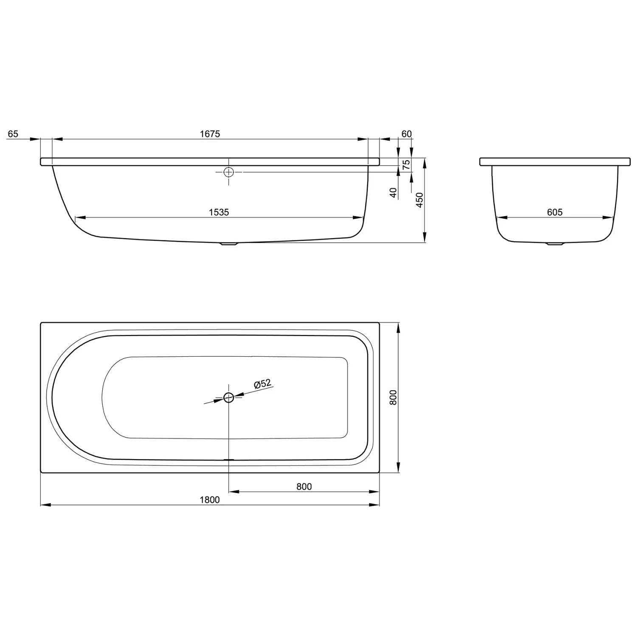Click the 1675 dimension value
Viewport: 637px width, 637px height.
210,134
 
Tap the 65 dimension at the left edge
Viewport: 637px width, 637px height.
13,134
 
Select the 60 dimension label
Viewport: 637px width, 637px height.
406,134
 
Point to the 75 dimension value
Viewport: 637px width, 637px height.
406,165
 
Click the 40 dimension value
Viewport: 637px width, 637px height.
393,193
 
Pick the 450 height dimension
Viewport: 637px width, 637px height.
420,200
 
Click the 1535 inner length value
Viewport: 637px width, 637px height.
219,212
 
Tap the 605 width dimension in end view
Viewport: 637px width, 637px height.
555,212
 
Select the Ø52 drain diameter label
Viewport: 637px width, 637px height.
262,384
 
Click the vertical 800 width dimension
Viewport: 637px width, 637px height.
393,397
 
